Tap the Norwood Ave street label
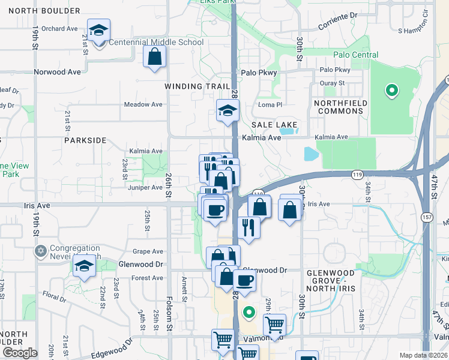point(58,72)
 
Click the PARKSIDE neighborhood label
point(85,140)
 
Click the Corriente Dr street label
point(337,19)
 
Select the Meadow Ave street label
point(143,104)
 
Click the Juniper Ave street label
point(145,187)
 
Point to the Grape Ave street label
point(148,251)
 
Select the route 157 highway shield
point(427,215)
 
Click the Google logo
point(20,353)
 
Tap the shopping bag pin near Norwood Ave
point(154,57)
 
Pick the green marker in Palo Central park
point(391,91)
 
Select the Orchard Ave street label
point(60,28)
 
